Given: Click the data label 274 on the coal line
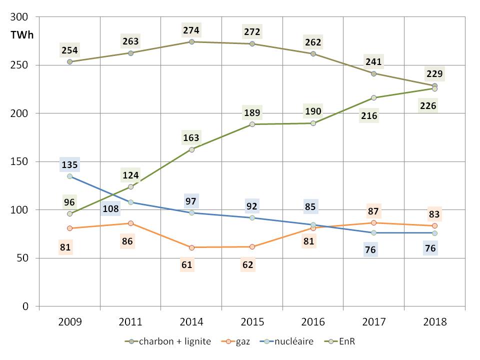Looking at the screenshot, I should pyautogui.click(x=191, y=30).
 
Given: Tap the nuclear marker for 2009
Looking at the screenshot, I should pyautogui.click(x=70, y=176).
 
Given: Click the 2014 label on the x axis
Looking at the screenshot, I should pyautogui.click(x=191, y=321).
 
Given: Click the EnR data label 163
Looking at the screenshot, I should pyautogui.click(x=191, y=137).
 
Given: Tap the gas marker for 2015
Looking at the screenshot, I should pyautogui.click(x=252, y=246).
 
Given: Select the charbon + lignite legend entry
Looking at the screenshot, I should pyautogui.click(x=168, y=341).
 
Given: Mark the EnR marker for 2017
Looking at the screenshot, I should pyautogui.click(x=373, y=97).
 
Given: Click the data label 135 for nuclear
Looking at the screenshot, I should pyautogui.click(x=70, y=165).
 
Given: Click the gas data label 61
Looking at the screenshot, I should pyautogui.click(x=187, y=264).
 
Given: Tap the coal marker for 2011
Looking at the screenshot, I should pyautogui.click(x=130, y=53).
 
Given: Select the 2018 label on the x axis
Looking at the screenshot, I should pyautogui.click(x=434, y=321).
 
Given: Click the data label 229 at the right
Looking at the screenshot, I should pyautogui.click(x=434, y=74).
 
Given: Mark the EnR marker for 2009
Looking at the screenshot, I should pyautogui.click(x=70, y=213).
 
